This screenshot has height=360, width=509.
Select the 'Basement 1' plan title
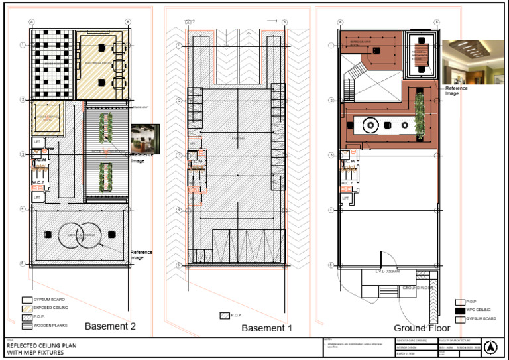266,328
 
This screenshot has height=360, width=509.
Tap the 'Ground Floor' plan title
422,328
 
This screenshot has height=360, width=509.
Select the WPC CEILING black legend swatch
461,310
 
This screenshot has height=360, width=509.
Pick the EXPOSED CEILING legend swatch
27,308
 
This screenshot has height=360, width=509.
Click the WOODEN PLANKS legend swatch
27,326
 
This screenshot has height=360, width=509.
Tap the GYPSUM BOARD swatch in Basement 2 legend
27,300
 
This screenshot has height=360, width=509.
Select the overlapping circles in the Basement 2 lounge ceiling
80,234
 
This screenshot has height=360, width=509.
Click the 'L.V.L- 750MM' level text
388,272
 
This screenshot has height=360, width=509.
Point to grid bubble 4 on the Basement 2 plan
23,210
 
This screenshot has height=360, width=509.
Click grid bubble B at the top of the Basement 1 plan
285,22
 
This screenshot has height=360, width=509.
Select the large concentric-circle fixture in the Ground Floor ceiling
370,124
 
